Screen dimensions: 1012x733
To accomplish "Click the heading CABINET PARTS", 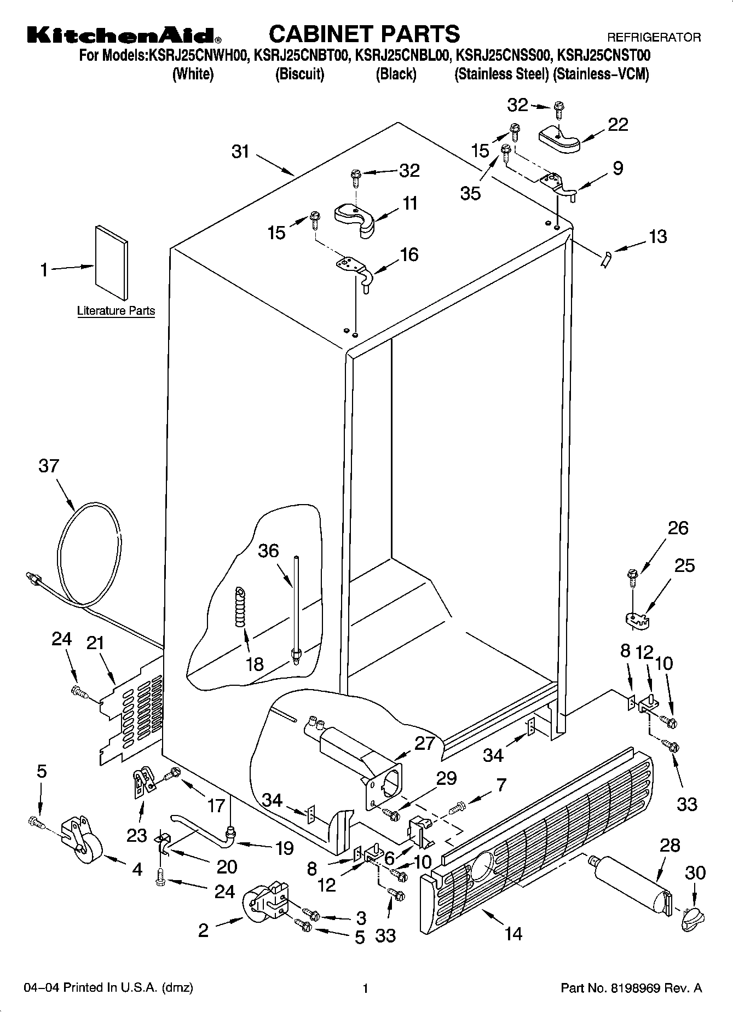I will [x=365, y=33].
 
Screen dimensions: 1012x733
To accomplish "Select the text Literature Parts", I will [x=116, y=311].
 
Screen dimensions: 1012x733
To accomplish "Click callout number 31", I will [x=240, y=152].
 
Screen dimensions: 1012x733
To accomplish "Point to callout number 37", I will [x=49, y=466].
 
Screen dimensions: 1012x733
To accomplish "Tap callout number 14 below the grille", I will [x=513, y=933].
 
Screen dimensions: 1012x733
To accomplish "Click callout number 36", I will [x=268, y=551].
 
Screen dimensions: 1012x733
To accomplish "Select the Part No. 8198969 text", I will [x=631, y=988].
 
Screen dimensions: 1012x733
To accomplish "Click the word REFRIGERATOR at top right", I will [x=654, y=38].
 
